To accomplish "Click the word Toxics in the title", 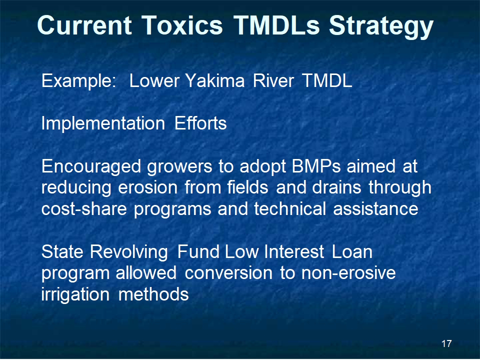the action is tap(182, 25).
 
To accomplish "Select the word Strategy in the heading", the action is tap(381, 27).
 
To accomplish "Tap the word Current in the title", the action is tap(84, 25).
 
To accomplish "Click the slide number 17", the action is tap(446, 343).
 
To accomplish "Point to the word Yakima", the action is tap(215, 81).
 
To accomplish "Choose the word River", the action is tap(273, 81).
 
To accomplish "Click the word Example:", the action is tap(78, 81).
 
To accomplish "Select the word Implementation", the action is tap(103, 124).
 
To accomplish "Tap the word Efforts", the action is tap(200, 123).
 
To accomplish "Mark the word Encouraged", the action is tap(91, 167).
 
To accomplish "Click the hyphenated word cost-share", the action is tap(84, 209).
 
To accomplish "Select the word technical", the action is tap(290, 208).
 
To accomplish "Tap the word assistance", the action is tap(375, 209).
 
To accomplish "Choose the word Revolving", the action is tap(129, 252).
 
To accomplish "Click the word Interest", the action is tap(294, 252).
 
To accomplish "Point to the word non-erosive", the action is tap(348, 273).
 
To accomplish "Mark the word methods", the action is tap(153, 294).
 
